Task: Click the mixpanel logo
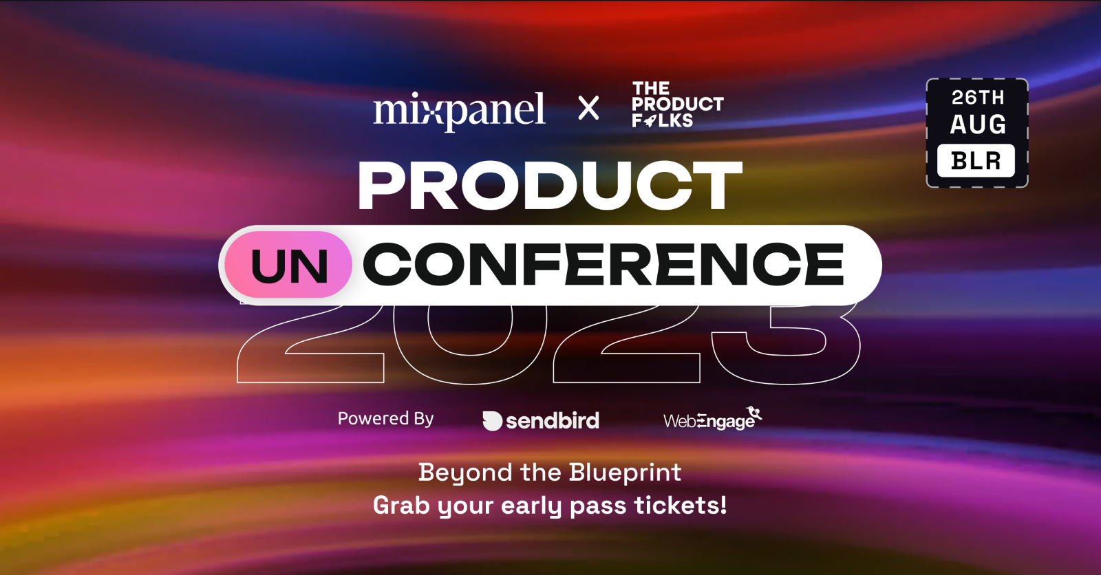[x=459, y=110]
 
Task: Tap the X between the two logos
[x=588, y=108]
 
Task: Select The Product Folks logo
[x=677, y=105]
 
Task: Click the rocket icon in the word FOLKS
[x=649, y=121]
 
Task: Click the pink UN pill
[x=289, y=265]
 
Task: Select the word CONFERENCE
[x=603, y=264]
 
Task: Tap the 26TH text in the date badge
[x=978, y=98]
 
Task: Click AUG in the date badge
[x=978, y=124]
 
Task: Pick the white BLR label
[x=976, y=161]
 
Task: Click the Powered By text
[x=385, y=419]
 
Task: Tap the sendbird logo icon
[x=492, y=421]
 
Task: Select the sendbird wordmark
[x=553, y=420]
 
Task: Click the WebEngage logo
[x=712, y=419]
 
